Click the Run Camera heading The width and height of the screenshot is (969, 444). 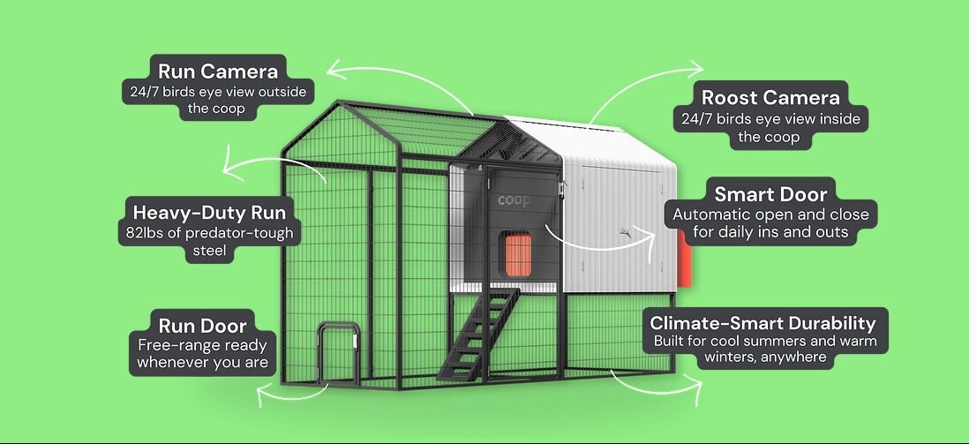click(x=218, y=71)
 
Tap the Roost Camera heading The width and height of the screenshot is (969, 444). click(x=770, y=97)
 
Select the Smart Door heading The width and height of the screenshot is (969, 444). click(x=770, y=194)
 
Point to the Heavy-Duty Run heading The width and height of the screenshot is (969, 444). click(x=209, y=212)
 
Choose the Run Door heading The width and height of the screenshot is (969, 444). click(x=203, y=325)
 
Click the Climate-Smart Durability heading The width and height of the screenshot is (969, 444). click(x=763, y=323)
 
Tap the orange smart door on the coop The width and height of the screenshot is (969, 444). click(x=517, y=255)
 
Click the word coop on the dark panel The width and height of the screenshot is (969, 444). click(x=514, y=200)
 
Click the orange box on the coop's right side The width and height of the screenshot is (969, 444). click(x=684, y=260)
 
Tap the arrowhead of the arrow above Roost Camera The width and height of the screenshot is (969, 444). click(x=695, y=67)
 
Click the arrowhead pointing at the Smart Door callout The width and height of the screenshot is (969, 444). click(x=650, y=237)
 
